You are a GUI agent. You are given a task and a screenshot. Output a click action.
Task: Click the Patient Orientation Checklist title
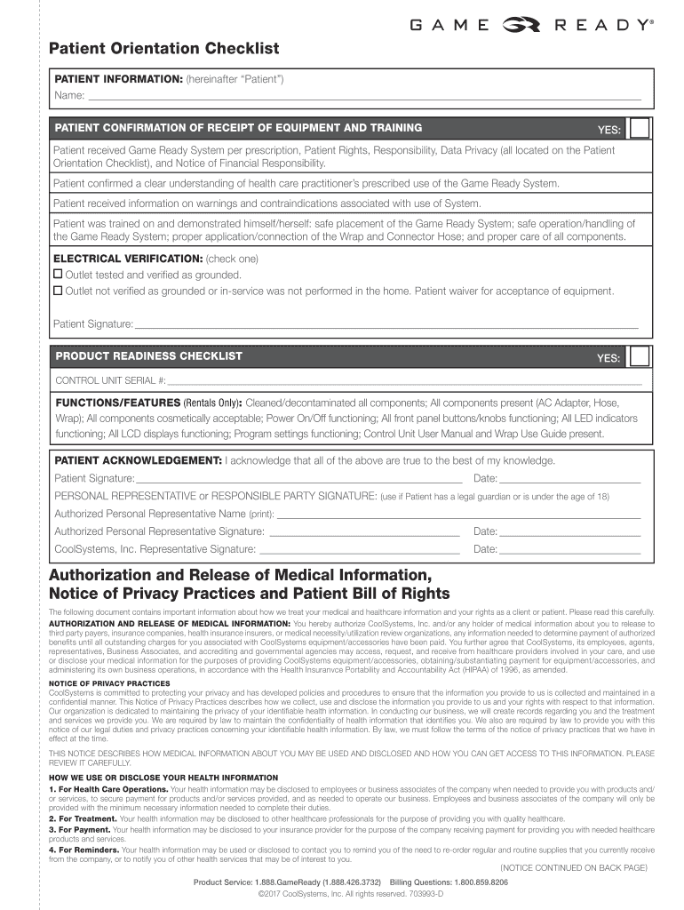(x=163, y=48)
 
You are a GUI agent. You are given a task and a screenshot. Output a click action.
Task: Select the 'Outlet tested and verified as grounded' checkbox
(x=59, y=275)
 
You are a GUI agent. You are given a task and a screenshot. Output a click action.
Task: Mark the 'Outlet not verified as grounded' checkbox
(x=59, y=291)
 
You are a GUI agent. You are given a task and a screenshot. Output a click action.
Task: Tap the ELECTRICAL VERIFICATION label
(x=128, y=259)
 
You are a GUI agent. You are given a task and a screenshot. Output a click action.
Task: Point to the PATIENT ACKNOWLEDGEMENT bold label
(x=139, y=460)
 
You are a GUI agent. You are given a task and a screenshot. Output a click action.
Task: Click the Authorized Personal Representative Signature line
(x=364, y=531)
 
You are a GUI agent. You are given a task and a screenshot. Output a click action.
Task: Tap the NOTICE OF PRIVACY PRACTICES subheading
(x=109, y=682)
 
